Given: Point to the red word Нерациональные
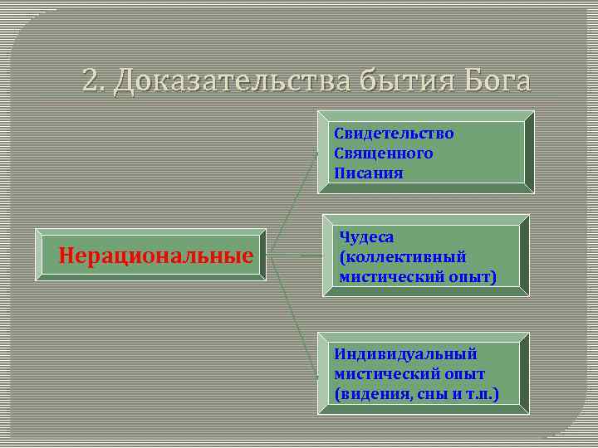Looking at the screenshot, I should pyautogui.click(x=156, y=256).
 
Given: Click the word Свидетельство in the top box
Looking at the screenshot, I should pyautogui.click(x=394, y=133).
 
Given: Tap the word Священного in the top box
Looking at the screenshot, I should pyautogui.click(x=384, y=153).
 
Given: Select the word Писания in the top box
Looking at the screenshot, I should pyautogui.click(x=369, y=173).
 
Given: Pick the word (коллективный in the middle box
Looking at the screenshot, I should pyautogui.click(x=403, y=256).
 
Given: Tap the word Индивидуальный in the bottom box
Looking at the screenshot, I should pyautogui.click(x=405, y=353).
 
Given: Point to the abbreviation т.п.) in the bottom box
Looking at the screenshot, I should pyautogui.click(x=480, y=393).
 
